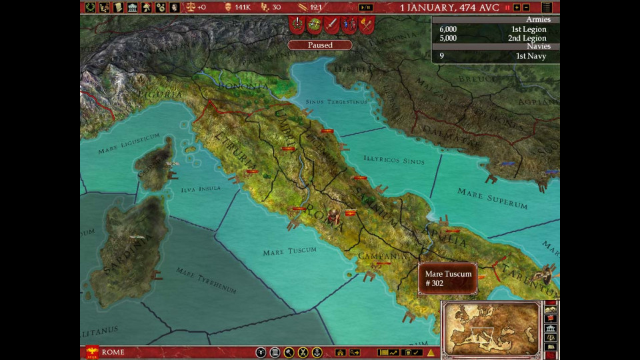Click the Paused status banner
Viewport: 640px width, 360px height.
click(x=320, y=45)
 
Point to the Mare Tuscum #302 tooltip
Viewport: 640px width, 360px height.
click(x=448, y=279)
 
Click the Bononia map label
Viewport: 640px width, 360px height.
click(x=243, y=86)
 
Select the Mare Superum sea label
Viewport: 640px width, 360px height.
click(x=492, y=198)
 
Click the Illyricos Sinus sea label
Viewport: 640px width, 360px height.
click(x=394, y=161)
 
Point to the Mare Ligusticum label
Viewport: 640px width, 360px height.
click(x=129, y=143)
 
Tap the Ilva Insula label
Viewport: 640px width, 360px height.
click(x=201, y=189)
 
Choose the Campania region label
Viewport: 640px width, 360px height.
click(x=382, y=256)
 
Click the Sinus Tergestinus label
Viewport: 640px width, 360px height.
click(x=336, y=102)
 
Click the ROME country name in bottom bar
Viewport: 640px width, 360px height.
click(x=113, y=352)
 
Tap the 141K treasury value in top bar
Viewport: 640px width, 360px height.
click(x=242, y=7)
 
